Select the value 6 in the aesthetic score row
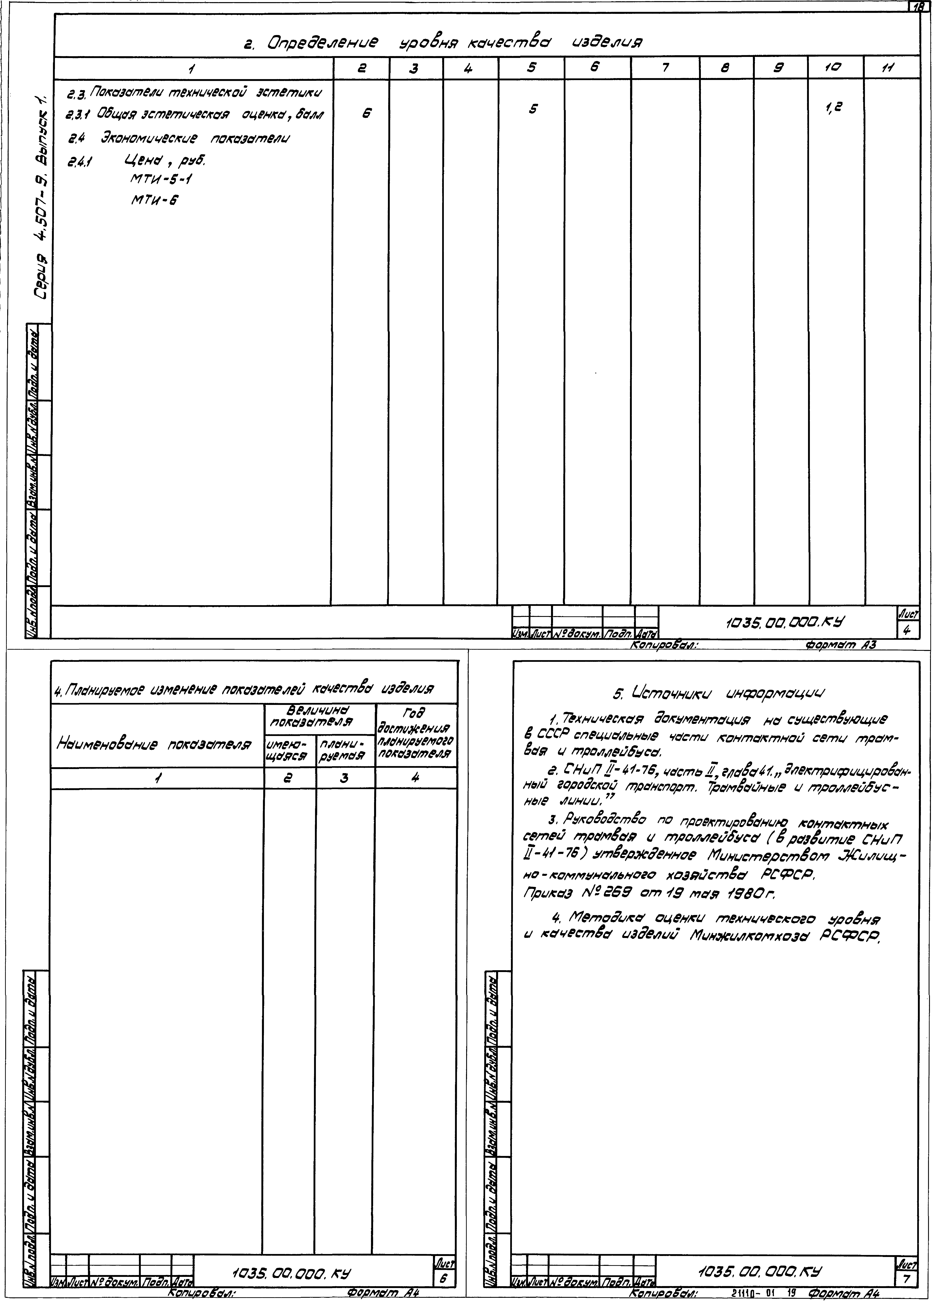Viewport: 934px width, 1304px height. pos(366,114)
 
